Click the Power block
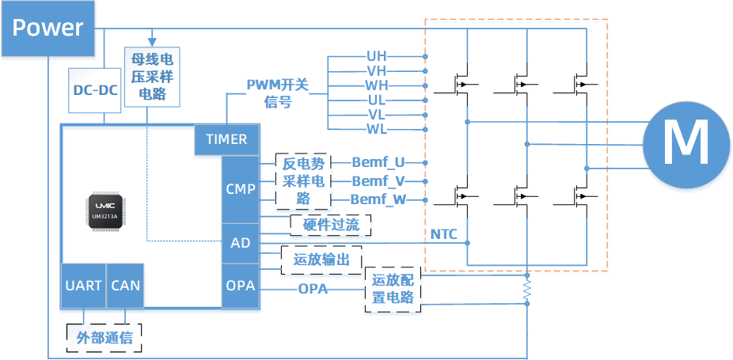pos(47,29)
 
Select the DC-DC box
pos(95,89)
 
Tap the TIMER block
pos(226,139)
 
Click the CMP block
pos(240,189)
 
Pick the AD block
pos(240,243)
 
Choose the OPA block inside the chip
pos(240,286)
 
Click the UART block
pos(83,285)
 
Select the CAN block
pos(124,285)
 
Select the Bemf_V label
pos(378,181)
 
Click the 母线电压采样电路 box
pos(153,77)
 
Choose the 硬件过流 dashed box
pos(331,225)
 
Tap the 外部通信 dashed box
pos(104,339)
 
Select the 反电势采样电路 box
pos(303,181)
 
